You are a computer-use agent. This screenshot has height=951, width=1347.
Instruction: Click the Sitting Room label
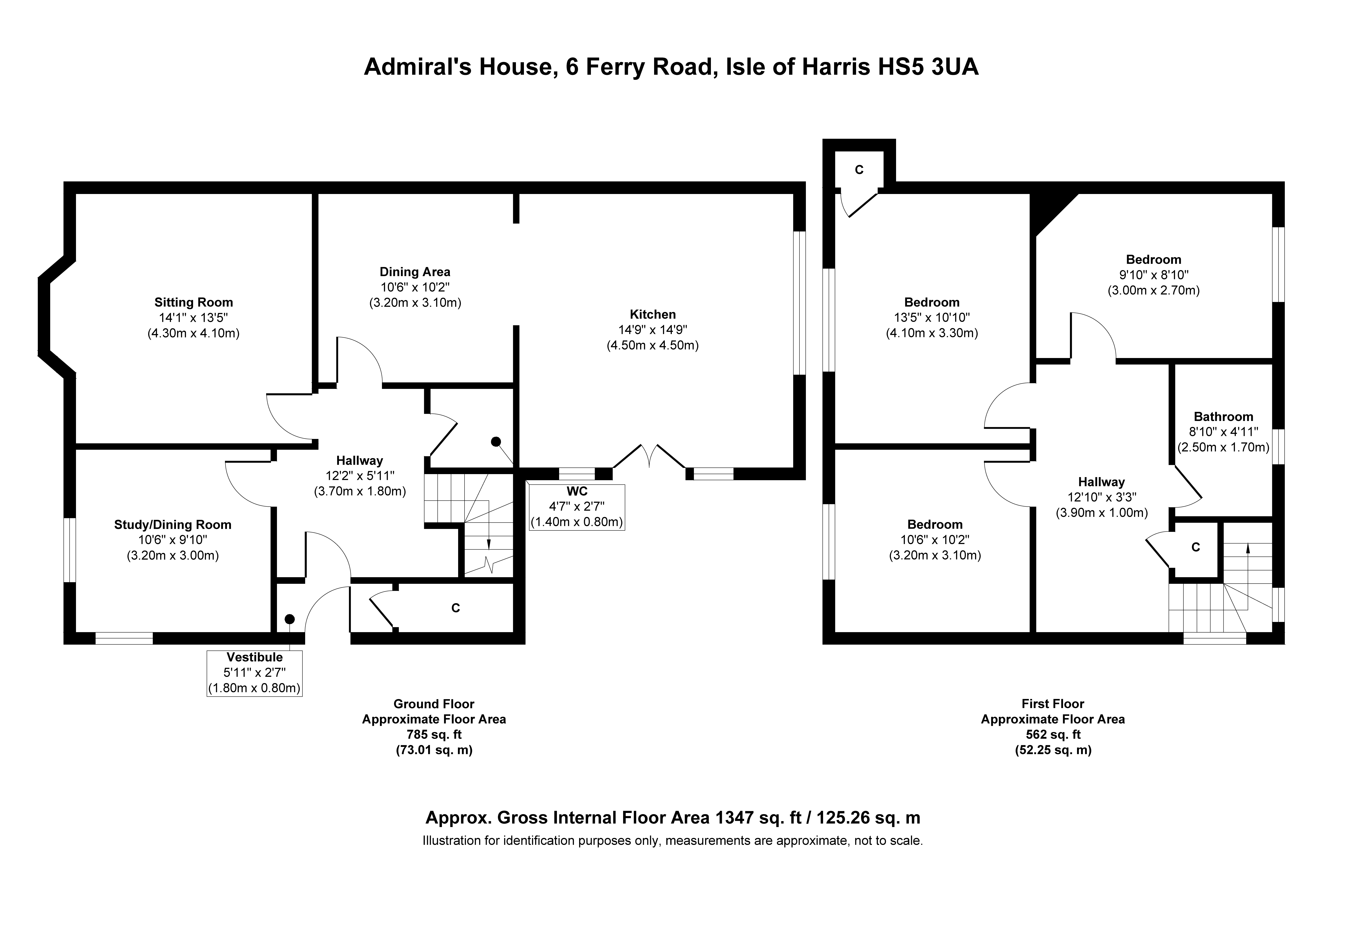click(x=194, y=302)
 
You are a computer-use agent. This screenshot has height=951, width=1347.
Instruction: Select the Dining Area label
click(x=415, y=272)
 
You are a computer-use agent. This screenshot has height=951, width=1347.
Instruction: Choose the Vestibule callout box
click(x=255, y=673)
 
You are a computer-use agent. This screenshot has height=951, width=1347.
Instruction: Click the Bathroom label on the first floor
click(x=1223, y=417)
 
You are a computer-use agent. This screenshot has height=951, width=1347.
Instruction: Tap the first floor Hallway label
click(x=1101, y=482)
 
